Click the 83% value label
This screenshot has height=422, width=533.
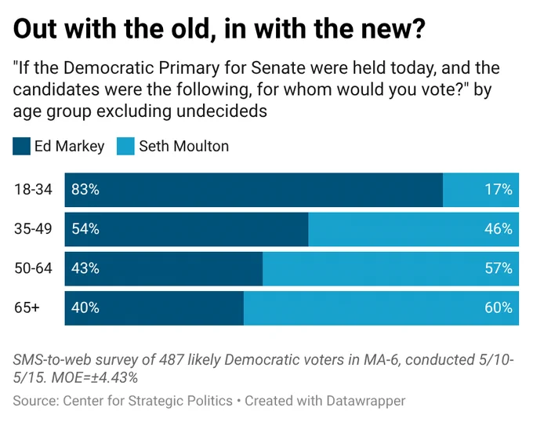coord(85,189)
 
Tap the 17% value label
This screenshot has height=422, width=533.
coord(499,189)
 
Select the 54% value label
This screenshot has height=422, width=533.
coord(85,229)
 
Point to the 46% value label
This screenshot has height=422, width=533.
coord(499,229)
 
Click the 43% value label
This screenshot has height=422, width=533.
coord(85,268)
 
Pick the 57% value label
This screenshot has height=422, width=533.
coord(499,268)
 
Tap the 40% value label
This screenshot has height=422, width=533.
coord(85,307)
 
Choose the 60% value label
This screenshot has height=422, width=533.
coord(499,307)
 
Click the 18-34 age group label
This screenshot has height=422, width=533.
coord(33,189)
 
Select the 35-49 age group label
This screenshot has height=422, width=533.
coord(33,229)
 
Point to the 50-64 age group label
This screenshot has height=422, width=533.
coord(33,268)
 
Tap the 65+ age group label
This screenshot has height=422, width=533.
coord(27,307)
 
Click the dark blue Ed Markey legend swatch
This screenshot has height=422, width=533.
coord(21,146)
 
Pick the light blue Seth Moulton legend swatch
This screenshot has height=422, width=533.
coord(125,146)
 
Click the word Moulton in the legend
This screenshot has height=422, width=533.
coord(201,146)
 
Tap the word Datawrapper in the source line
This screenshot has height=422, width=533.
coord(366,401)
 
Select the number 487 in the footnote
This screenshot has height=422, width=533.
coord(172,360)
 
